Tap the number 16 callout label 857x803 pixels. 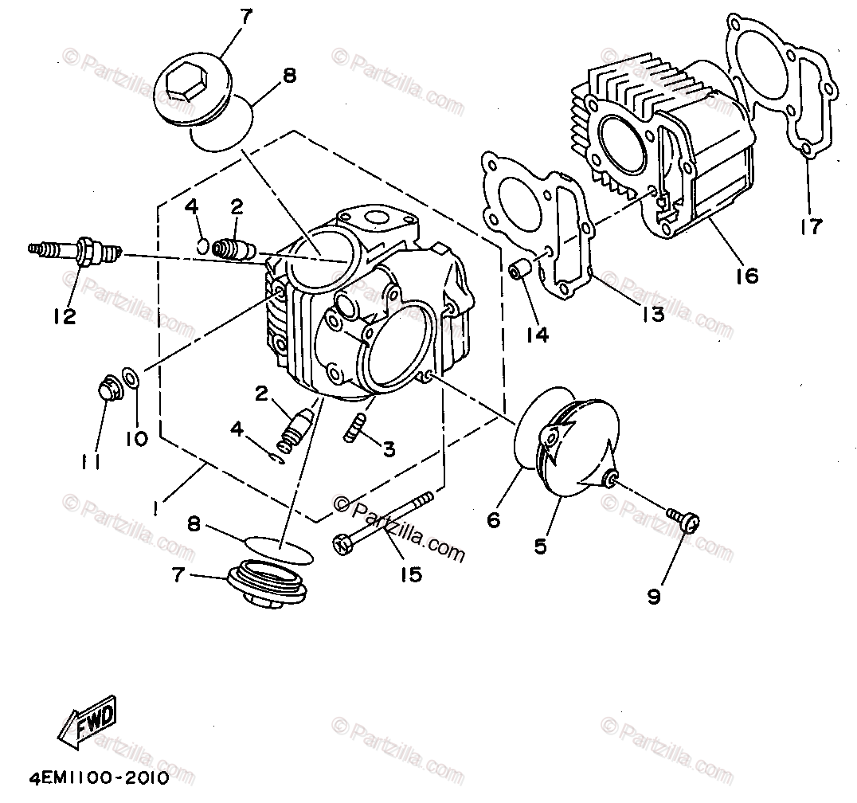[746, 276]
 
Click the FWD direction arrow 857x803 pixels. [88, 721]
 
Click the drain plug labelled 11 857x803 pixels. [108, 388]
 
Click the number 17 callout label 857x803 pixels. [812, 226]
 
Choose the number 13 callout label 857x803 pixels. [651, 315]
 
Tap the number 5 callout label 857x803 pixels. [540, 546]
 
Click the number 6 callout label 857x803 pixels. [493, 520]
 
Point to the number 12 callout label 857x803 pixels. [65, 316]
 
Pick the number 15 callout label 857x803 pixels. [410, 574]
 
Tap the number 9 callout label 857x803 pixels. [654, 597]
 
